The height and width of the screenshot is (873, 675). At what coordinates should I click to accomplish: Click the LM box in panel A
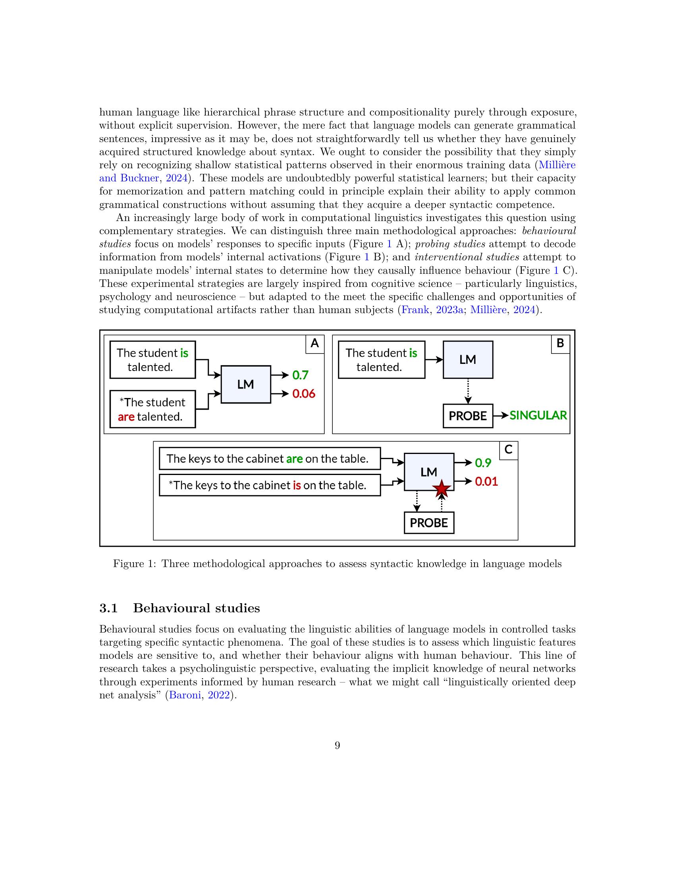[x=245, y=384]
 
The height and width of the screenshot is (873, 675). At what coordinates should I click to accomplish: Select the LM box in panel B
[x=467, y=360]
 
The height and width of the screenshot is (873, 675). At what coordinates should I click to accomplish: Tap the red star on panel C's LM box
[x=442, y=489]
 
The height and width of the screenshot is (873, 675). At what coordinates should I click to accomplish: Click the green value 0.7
[x=300, y=375]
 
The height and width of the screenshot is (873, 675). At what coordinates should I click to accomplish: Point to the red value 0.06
[x=303, y=394]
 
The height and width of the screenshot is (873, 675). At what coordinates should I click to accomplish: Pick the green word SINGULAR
[x=538, y=415]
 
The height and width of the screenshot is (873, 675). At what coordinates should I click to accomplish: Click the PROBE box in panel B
[x=467, y=416]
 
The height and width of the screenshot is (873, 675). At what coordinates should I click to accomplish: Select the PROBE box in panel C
[x=429, y=523]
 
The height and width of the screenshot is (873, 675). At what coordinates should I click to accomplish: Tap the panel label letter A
[x=315, y=343]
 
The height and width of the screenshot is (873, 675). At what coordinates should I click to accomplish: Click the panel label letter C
[x=508, y=450]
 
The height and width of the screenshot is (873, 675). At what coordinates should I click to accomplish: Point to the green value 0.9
[x=483, y=463]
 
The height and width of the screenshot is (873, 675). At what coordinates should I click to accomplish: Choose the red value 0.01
[x=486, y=481]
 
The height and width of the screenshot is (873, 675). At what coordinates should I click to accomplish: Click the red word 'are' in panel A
[x=126, y=417]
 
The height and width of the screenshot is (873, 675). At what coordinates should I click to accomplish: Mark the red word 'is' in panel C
[x=297, y=485]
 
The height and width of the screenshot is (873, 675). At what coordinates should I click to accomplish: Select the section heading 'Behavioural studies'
[x=196, y=608]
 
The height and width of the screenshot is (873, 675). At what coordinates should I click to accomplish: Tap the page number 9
[x=337, y=745]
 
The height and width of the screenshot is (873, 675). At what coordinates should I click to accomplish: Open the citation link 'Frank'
[x=415, y=310]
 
